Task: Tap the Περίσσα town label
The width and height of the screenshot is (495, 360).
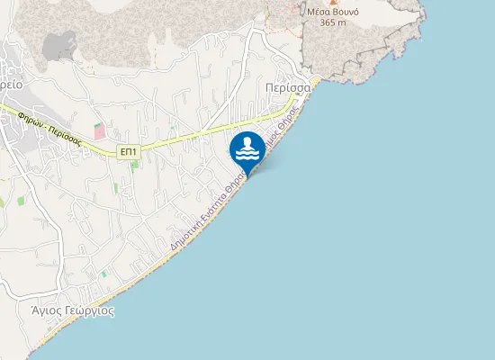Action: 288,88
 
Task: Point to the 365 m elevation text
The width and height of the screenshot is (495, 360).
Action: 331,22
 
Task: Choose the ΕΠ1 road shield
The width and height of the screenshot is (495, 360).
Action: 129,152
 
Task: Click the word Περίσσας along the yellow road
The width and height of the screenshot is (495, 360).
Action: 64,135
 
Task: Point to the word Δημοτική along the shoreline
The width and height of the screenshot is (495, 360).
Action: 184,232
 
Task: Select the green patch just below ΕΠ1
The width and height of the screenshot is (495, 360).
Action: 134,164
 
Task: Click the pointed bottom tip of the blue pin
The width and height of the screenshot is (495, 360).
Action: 247,174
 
